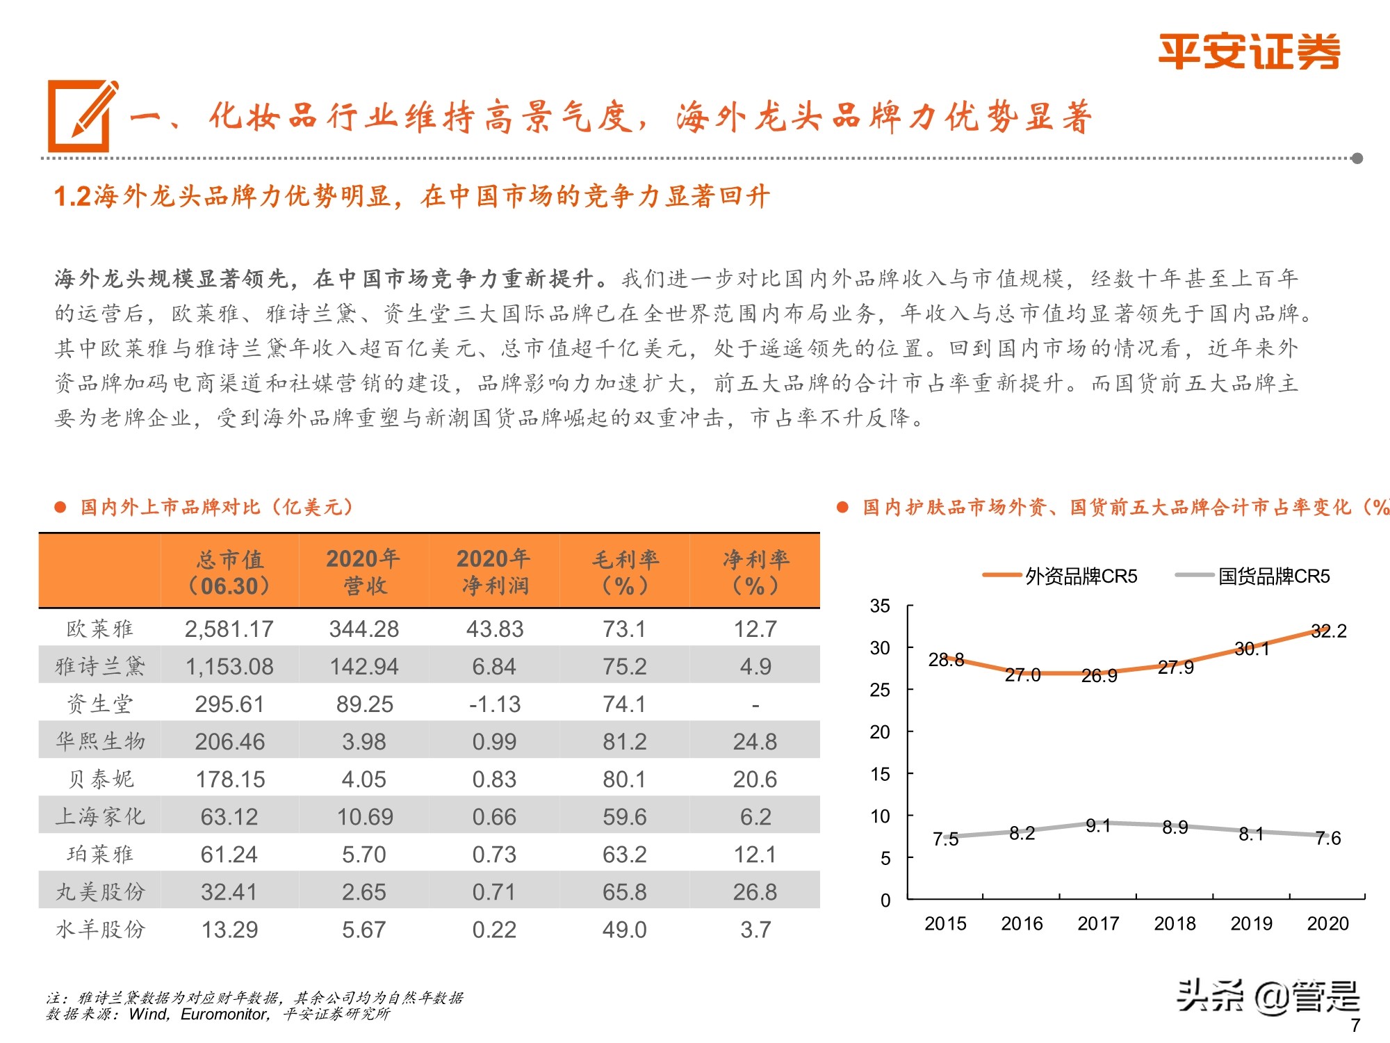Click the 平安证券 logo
[x=1248, y=52]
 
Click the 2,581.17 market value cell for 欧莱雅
[x=229, y=629]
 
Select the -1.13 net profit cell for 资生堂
[x=494, y=704]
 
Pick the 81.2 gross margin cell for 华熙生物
[x=624, y=742]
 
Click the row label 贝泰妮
[x=100, y=779]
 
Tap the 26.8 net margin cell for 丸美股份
[x=755, y=892]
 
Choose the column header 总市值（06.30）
[x=229, y=572]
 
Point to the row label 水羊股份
[x=100, y=930]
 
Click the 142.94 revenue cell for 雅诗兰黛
[x=363, y=667]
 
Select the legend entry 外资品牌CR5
[x=1081, y=576]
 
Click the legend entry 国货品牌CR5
[x=1273, y=576]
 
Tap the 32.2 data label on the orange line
[x=1328, y=631]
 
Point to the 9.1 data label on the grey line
[x=1097, y=826]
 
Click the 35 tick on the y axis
[x=879, y=606]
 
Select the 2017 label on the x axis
[x=1097, y=923]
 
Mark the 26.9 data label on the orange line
[x=1099, y=676]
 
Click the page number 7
[x=1355, y=1025]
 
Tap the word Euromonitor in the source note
[x=224, y=1014]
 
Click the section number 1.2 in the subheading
[x=72, y=197]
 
